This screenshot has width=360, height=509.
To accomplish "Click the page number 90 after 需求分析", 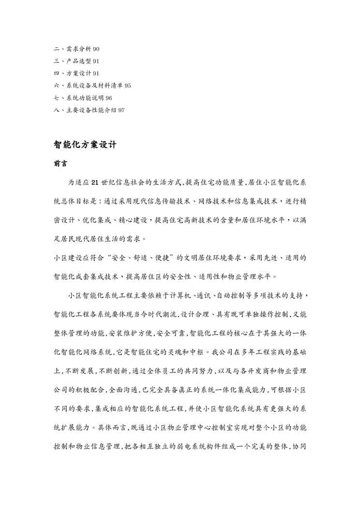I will click(96, 49).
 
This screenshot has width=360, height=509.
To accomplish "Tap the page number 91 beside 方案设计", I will click(96, 73).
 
